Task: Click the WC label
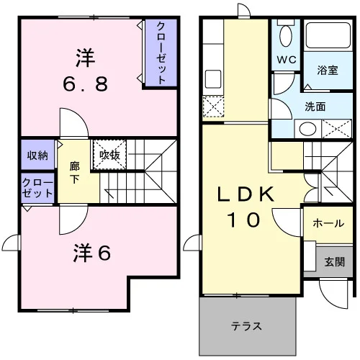287,60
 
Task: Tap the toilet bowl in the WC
286,36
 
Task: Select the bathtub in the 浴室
328,35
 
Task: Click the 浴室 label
328,70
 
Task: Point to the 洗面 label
315,107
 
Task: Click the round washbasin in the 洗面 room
308,129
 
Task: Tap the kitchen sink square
213,79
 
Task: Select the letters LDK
246,194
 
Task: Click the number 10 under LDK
244,220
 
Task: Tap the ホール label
328,223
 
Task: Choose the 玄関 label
335,262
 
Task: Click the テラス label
246,326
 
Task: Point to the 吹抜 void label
109,155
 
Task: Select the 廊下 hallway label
75,173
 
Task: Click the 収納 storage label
37,156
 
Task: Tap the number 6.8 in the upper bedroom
86,84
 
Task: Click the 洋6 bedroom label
92,253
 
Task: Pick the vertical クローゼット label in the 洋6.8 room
161,53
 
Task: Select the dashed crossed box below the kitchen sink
213,107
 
